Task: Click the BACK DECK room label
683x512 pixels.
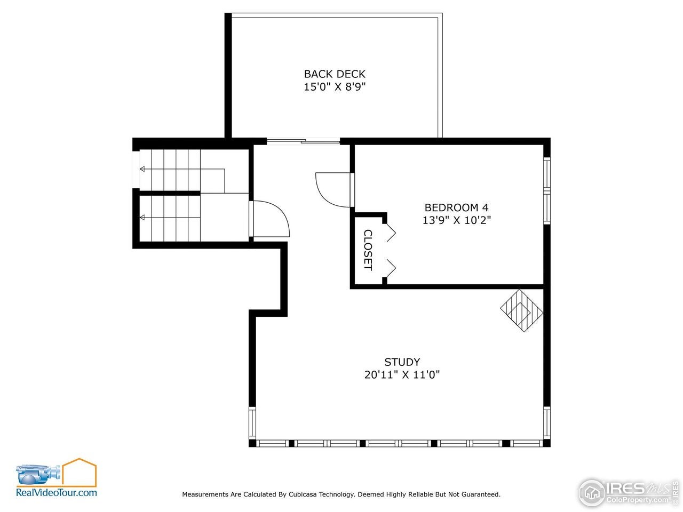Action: coord(335,74)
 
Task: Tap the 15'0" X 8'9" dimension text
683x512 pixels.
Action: coord(335,87)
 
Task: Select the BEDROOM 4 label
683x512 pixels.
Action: coord(456,207)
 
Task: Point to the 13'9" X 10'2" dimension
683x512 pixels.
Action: coord(456,220)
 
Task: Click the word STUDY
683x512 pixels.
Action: coord(402,362)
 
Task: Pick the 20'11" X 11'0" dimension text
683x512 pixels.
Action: coord(402,375)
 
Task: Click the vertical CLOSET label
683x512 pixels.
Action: coord(368,250)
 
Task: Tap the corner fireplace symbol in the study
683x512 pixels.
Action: coord(522,310)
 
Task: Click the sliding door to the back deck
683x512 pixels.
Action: coord(303,141)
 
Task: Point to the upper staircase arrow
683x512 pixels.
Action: coord(143,169)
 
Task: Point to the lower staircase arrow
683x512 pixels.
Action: coord(143,217)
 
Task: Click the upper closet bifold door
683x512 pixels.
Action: coord(391,232)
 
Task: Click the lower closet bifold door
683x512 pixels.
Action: coord(391,269)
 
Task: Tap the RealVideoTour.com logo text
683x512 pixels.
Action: coord(57,493)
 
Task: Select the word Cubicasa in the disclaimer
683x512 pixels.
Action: coord(303,494)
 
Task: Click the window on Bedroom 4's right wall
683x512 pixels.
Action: coord(546,189)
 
